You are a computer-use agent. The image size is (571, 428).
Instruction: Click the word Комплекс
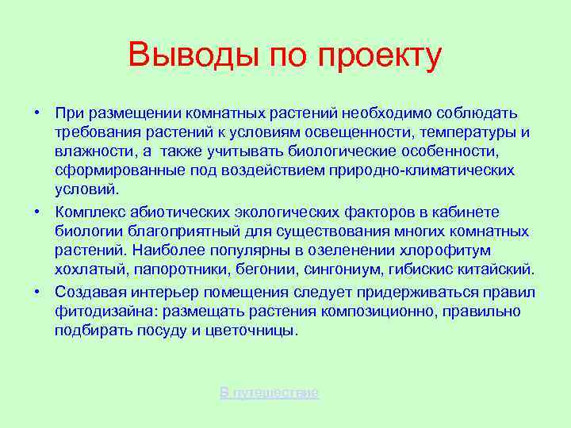click(88, 212)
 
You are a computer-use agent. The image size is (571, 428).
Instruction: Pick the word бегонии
click(255, 269)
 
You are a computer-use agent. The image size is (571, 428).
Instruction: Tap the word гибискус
click(412, 269)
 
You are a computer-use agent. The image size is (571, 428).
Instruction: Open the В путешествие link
click(270, 392)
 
